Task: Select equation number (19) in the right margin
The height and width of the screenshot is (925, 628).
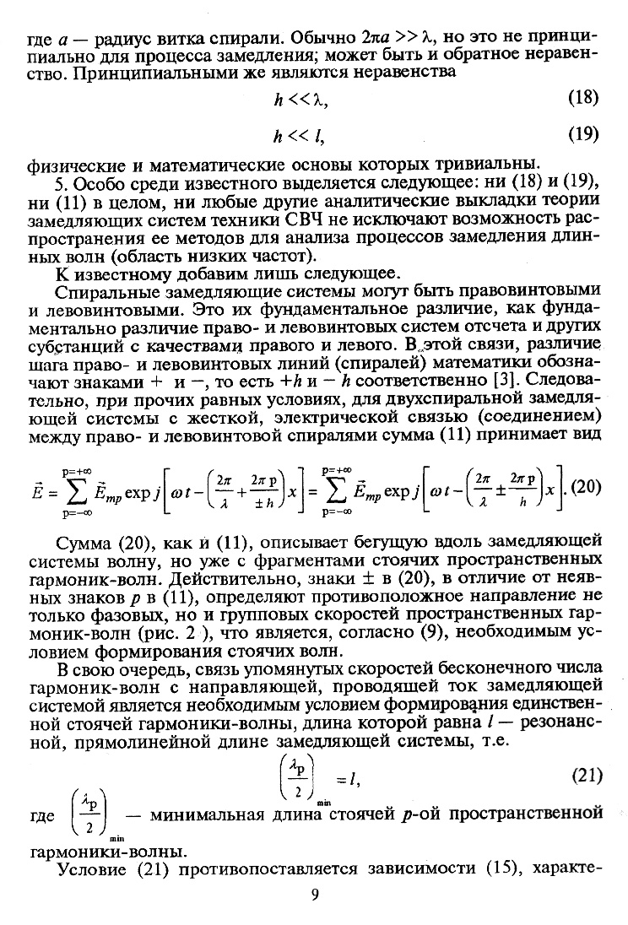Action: tap(583, 133)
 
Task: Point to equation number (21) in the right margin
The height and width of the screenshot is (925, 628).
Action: tap(585, 774)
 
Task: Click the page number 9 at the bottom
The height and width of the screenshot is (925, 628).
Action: tap(314, 895)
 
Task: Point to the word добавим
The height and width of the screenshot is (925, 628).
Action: tap(183, 272)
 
